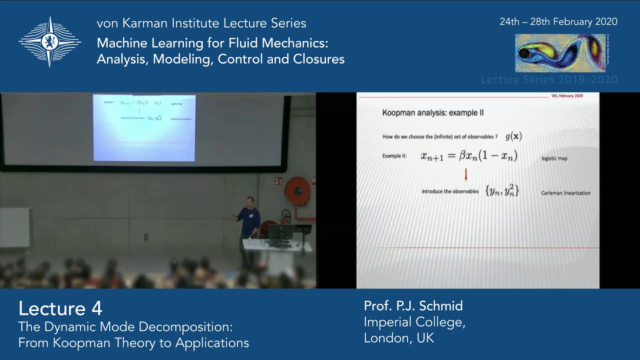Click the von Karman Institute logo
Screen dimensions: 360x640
tap(49, 41)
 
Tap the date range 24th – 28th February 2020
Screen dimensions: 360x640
tap(558, 22)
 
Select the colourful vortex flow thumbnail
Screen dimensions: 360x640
tap(560, 53)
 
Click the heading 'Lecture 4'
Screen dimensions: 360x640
tap(60, 308)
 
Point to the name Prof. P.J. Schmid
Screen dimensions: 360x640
tap(413, 306)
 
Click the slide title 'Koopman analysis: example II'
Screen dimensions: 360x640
tap(432, 113)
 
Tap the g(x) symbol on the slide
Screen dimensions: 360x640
tap(513, 136)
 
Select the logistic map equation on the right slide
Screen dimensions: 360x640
tap(468, 156)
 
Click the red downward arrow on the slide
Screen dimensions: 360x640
tap(466, 174)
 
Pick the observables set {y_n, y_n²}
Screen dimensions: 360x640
tap(502, 190)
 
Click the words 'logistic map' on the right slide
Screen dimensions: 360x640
tap(554, 158)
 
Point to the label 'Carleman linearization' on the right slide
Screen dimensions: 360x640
tap(565, 193)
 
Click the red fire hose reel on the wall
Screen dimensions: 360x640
tap(297, 191)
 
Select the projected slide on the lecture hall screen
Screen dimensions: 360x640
tap(144, 128)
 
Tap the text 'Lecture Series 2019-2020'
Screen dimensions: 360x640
tap(549, 80)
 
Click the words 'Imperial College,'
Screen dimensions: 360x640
tap(414, 322)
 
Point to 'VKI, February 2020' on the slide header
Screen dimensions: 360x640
tap(566, 95)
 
